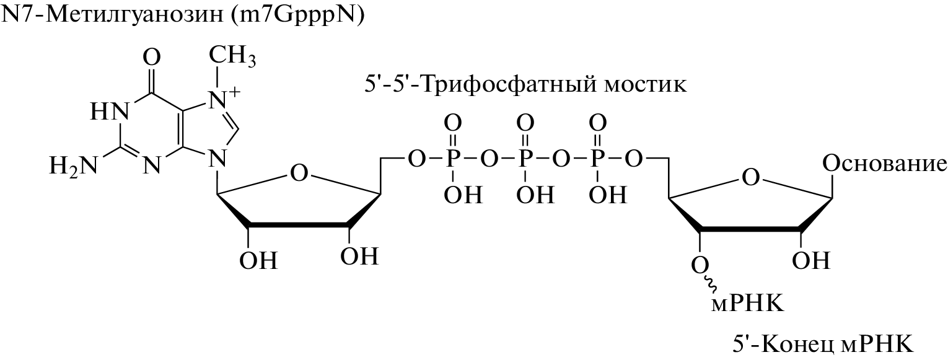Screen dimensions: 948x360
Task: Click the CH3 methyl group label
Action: click(x=233, y=56)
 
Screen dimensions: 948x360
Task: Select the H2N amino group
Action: click(x=73, y=165)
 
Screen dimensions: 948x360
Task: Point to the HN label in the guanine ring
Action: click(x=109, y=111)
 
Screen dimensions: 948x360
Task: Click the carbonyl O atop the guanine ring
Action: click(x=152, y=56)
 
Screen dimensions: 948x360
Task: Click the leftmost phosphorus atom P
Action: click(x=452, y=159)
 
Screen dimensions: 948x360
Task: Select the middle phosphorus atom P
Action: click(x=525, y=159)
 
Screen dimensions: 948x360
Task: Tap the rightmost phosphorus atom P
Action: click(x=597, y=159)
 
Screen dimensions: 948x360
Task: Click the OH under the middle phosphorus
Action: click(x=535, y=195)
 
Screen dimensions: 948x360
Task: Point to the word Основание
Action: click(x=885, y=164)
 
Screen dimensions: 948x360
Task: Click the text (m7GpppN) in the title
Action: click(x=299, y=16)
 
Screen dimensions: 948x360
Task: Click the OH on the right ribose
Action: click(x=811, y=260)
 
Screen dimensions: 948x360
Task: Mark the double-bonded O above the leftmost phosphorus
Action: click(x=452, y=124)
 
